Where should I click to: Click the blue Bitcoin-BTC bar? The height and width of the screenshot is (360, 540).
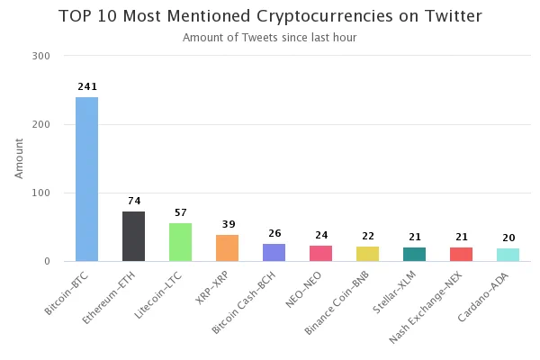click(x=86, y=179)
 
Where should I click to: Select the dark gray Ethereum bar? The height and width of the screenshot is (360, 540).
click(x=133, y=237)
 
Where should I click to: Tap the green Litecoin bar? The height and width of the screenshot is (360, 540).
click(x=181, y=242)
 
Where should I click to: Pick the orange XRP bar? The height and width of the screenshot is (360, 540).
click(x=228, y=248)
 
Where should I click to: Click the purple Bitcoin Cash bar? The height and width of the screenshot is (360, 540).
click(x=274, y=253)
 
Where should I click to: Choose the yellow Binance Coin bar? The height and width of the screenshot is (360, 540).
click(x=368, y=254)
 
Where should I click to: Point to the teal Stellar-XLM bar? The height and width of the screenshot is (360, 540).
click(x=415, y=254)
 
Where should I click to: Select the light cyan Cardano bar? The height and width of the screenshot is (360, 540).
click(x=508, y=255)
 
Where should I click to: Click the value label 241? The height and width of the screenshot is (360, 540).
click(x=87, y=86)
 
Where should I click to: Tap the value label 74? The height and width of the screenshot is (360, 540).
click(x=134, y=201)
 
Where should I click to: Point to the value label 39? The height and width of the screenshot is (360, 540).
click(x=229, y=225)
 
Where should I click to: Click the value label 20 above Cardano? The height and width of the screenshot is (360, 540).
click(x=508, y=238)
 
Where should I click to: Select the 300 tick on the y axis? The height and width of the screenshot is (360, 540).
click(x=41, y=56)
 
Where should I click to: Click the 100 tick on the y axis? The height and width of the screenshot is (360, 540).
click(x=41, y=193)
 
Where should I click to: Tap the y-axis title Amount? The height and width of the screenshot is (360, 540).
click(x=19, y=158)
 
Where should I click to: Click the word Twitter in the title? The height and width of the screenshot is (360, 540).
click(x=454, y=16)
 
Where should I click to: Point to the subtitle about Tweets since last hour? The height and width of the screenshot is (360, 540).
click(x=270, y=38)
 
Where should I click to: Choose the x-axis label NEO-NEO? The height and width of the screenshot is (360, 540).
click(x=304, y=290)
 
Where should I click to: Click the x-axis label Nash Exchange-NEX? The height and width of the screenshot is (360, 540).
click(x=426, y=307)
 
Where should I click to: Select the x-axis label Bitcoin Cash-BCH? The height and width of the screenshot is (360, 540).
click(x=244, y=302)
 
